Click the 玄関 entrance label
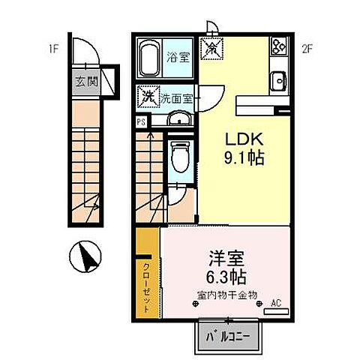tap(85, 82)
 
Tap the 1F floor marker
tap(54, 50)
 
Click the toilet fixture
tap(177, 157)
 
